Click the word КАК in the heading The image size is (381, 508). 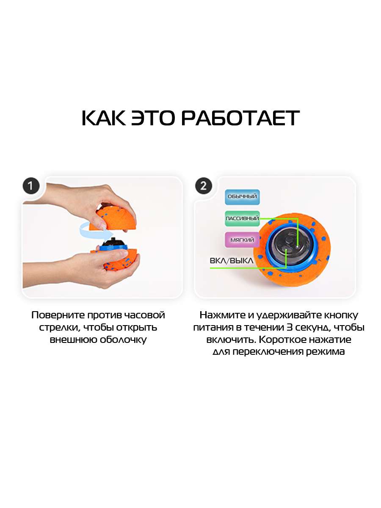(104, 118)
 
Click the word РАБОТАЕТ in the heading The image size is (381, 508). (240, 118)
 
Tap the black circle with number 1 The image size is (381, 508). (31, 186)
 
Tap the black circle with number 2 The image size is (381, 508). (204, 186)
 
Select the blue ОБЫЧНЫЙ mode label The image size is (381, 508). (242, 197)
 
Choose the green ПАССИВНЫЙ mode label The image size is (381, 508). (242, 218)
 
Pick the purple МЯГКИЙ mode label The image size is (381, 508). (242, 240)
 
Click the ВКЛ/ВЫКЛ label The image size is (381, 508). (231, 261)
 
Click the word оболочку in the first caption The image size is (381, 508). (123, 340)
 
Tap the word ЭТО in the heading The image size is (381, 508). (153, 118)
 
